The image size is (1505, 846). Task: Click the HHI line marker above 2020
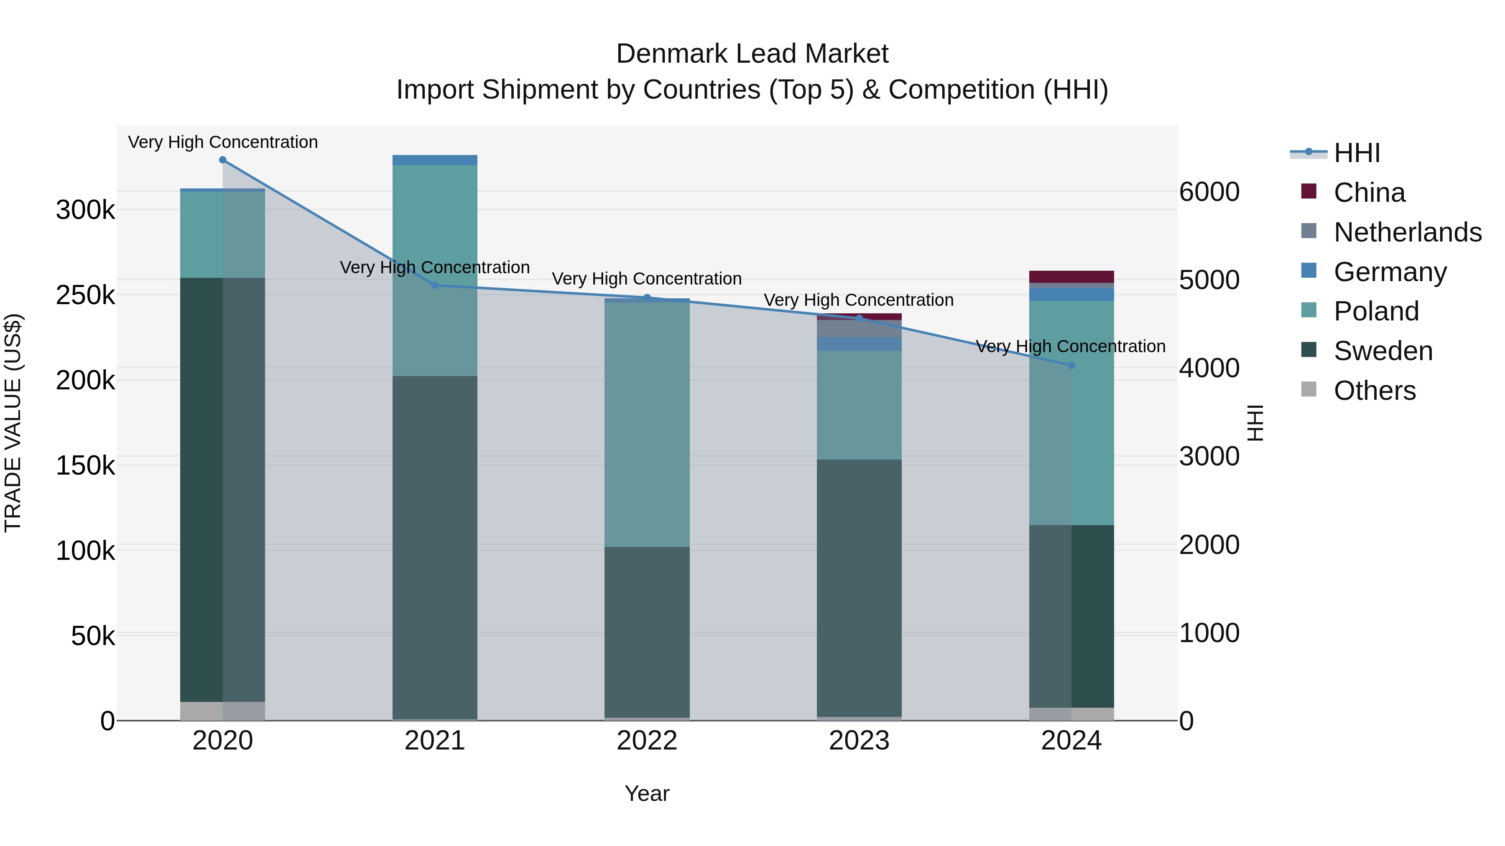click(x=222, y=160)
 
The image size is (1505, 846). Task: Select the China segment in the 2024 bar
click(x=1071, y=277)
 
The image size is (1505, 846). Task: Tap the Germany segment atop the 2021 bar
click(x=435, y=160)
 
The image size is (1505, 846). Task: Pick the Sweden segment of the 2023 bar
click(x=859, y=587)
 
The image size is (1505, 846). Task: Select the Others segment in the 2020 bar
click(x=222, y=711)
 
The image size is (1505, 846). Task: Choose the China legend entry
click(x=1369, y=193)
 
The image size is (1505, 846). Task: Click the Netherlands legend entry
click(x=1407, y=232)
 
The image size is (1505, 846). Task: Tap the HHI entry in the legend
click(x=1357, y=153)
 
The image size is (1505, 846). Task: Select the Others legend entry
click(x=1374, y=391)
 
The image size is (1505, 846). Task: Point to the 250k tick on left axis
click(x=85, y=295)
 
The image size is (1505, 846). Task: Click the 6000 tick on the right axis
click(x=1209, y=192)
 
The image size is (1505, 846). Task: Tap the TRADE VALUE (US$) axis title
click(x=13, y=423)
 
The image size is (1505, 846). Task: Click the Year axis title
click(x=647, y=793)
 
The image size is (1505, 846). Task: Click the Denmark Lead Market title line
click(x=752, y=54)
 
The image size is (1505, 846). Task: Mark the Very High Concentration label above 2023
click(x=858, y=300)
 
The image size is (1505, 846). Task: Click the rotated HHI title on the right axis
click(x=1254, y=423)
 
